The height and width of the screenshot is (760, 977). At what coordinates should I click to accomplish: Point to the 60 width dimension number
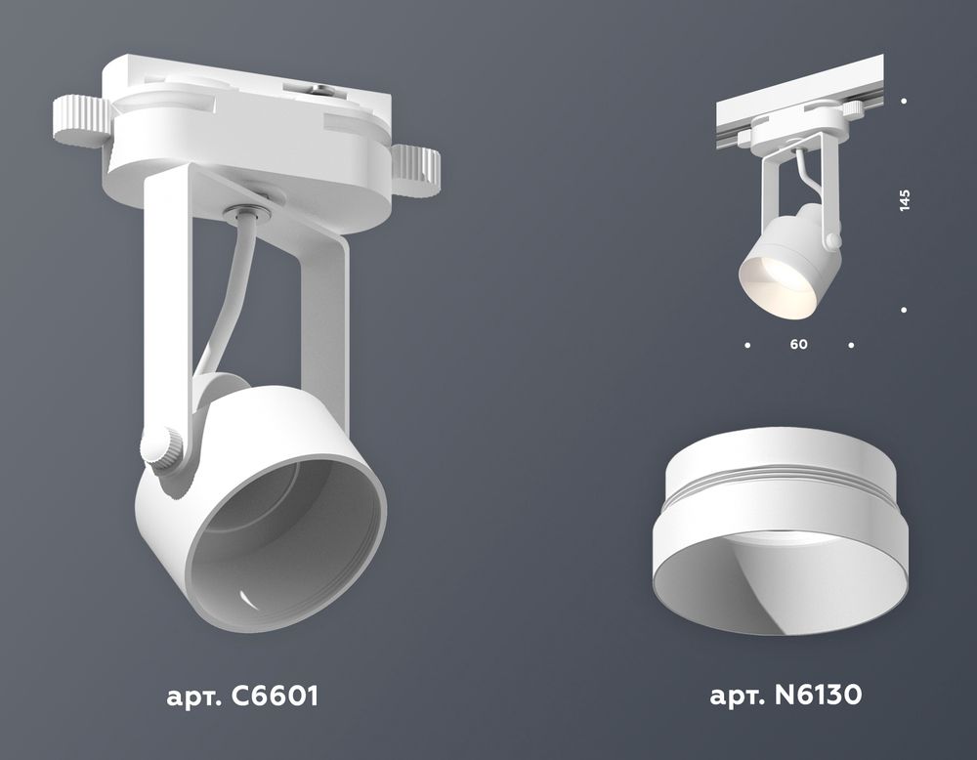799,345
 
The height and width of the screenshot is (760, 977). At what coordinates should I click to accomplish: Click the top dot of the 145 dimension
905,101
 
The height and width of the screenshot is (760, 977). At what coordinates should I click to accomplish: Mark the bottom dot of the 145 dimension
905,310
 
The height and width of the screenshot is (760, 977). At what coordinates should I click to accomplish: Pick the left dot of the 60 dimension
747,345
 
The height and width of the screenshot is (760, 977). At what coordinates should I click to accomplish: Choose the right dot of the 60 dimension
852,345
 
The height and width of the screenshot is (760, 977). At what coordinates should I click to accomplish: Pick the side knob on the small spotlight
832,239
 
